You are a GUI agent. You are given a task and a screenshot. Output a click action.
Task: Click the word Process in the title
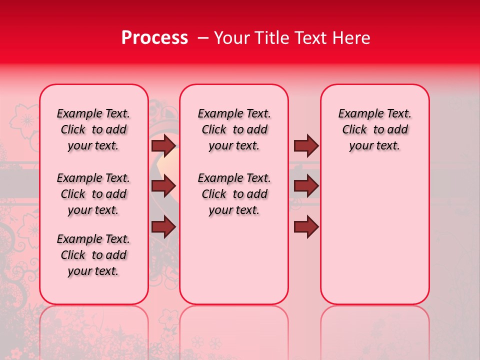click(x=154, y=38)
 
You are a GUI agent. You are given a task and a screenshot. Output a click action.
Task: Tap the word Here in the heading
click(x=350, y=38)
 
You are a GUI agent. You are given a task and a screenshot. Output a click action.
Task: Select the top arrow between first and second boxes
click(x=163, y=145)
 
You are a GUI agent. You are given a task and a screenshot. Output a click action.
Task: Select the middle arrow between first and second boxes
click(x=163, y=186)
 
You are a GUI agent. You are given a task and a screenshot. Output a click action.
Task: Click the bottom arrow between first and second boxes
click(x=163, y=227)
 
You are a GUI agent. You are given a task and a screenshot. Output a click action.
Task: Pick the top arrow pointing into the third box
click(x=306, y=145)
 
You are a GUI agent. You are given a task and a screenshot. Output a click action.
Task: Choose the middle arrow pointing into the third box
click(x=306, y=186)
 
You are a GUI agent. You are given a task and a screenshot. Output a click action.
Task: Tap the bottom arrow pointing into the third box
click(x=306, y=227)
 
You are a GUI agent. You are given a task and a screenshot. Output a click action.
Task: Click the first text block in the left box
click(x=93, y=129)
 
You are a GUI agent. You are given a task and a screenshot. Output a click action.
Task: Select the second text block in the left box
click(x=93, y=194)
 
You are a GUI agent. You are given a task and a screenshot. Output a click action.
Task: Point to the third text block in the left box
click(x=93, y=255)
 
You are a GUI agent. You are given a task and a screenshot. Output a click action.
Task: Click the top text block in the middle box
click(x=234, y=129)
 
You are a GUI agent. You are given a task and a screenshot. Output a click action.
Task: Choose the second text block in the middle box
click(x=234, y=194)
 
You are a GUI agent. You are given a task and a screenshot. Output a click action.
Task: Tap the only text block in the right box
click(x=374, y=129)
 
